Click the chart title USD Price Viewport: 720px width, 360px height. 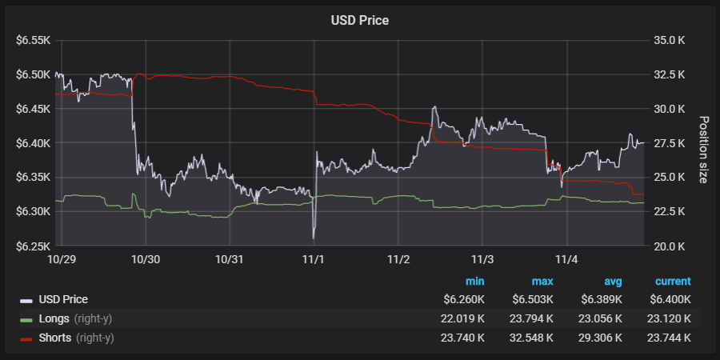[359, 20]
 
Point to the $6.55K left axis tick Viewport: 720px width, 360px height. [33, 40]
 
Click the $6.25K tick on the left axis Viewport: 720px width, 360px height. [33, 246]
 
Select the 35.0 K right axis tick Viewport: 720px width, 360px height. [670, 40]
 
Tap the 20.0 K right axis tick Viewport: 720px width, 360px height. [670, 246]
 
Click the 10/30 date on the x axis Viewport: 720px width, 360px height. [145, 259]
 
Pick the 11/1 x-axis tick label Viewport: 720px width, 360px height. [314, 259]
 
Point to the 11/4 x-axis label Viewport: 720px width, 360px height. [566, 259]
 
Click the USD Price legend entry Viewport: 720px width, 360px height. [63, 299]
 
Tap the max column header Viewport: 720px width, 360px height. [542, 282]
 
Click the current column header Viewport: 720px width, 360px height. [673, 282]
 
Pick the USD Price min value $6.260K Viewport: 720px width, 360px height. [464, 299]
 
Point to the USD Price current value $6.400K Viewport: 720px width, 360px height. [670, 299]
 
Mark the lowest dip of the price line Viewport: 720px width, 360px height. [314, 238]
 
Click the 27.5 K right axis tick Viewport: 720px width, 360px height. [670, 143]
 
